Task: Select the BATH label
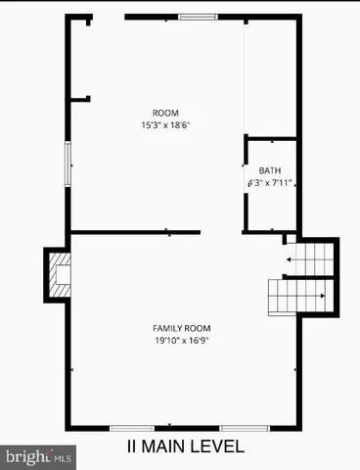pyautogui.click(x=269, y=170)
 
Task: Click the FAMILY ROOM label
pyautogui.click(x=182, y=328)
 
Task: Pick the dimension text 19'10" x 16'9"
pyautogui.click(x=182, y=341)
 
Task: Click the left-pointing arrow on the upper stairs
pyautogui.click(x=292, y=259)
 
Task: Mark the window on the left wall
pyautogui.click(x=67, y=163)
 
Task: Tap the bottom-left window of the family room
pyautogui.click(x=131, y=428)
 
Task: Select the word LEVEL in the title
pyautogui.click(x=218, y=447)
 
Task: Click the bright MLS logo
pyautogui.click(x=38, y=456)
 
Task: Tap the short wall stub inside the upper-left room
pyautogui.click(x=79, y=98)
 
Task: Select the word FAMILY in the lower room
pyautogui.click(x=168, y=328)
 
